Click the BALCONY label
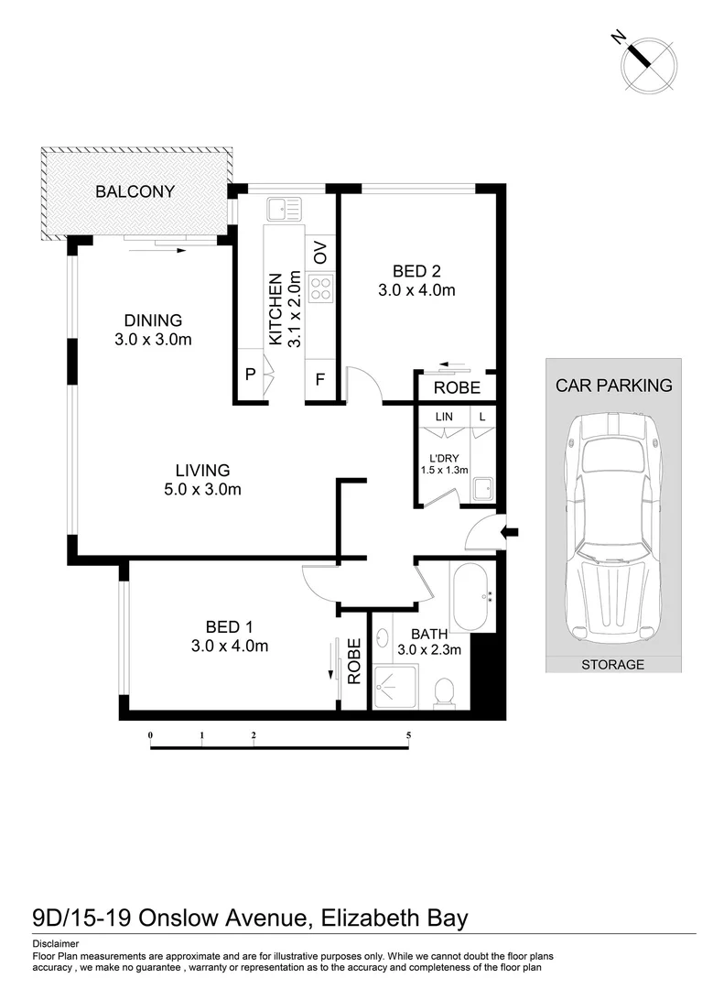[x=135, y=192]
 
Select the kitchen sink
[x=284, y=210]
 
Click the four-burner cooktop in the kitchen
[x=320, y=290]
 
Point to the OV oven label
[x=320, y=253]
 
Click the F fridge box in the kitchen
[x=320, y=378]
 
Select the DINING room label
[x=153, y=321]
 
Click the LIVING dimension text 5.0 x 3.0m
[x=197, y=490]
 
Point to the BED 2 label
[x=416, y=271]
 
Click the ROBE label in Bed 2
[x=456, y=388]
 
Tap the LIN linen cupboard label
[x=445, y=417]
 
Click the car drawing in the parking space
[x=611, y=531]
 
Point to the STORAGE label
[x=612, y=665]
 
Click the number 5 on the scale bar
[x=409, y=735]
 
